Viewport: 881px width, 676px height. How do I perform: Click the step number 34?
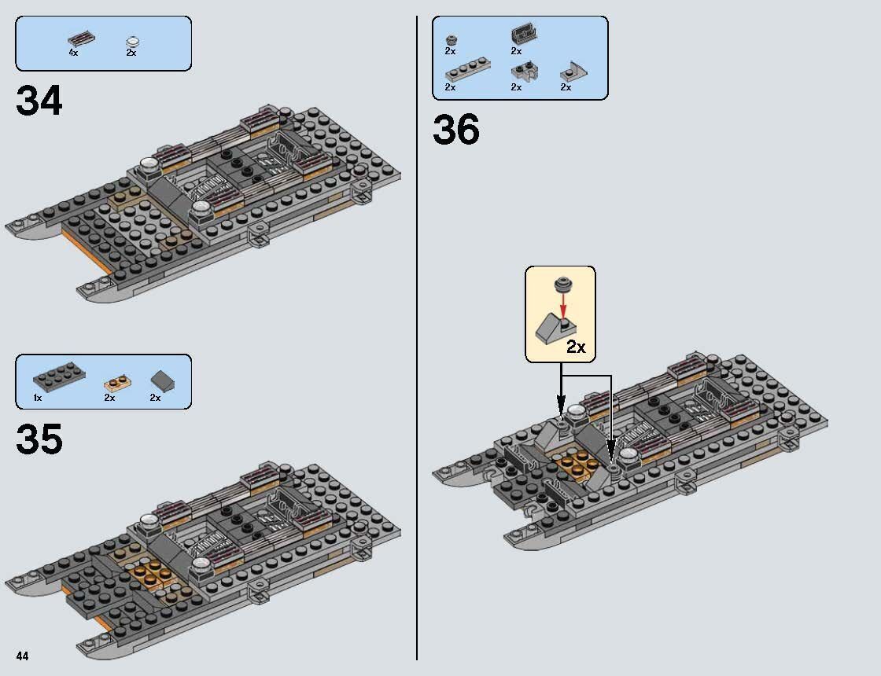(x=39, y=101)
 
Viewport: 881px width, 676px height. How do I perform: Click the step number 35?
(x=39, y=439)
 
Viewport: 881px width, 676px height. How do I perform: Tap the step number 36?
(x=455, y=130)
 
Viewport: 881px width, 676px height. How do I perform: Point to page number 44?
(x=22, y=656)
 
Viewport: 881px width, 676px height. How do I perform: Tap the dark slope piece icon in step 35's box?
(x=163, y=381)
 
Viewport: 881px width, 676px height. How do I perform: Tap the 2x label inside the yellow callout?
(x=576, y=347)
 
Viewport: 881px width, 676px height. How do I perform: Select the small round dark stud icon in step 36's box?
(x=451, y=39)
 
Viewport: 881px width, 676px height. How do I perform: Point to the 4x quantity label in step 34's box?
(x=73, y=53)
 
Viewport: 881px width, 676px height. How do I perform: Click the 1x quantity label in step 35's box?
(x=37, y=398)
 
